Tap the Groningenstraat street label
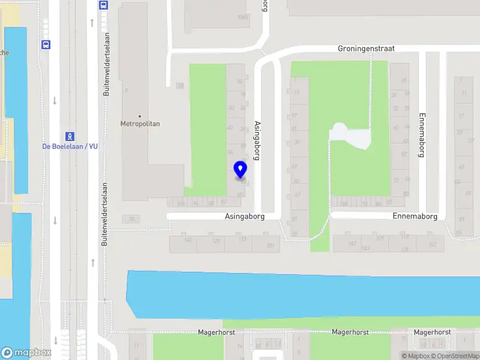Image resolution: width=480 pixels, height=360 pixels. coord(366,49)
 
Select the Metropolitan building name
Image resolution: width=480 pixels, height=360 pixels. coord(140,124)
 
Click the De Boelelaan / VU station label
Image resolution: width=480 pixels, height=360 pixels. coord(70,146)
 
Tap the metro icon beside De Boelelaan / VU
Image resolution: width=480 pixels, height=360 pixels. coord(70,136)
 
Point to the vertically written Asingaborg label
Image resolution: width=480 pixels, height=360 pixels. coord(257,140)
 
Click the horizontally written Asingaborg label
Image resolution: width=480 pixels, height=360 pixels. coord(245,215)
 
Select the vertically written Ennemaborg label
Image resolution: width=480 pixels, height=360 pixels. coord(422,135)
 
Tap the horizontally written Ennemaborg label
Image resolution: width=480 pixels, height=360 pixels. coord(415,216)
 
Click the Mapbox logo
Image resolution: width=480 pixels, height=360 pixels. coord(26,353)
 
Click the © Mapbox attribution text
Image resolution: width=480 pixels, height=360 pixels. coord(415,356)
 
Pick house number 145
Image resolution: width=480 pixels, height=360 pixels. coord(188,240)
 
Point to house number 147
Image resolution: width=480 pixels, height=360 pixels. coord(353,243)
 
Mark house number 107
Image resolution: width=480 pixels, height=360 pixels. coord(432,244)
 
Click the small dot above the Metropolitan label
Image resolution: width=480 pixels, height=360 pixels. coord(140,116)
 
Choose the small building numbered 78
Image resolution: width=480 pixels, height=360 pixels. coord(131,219)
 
